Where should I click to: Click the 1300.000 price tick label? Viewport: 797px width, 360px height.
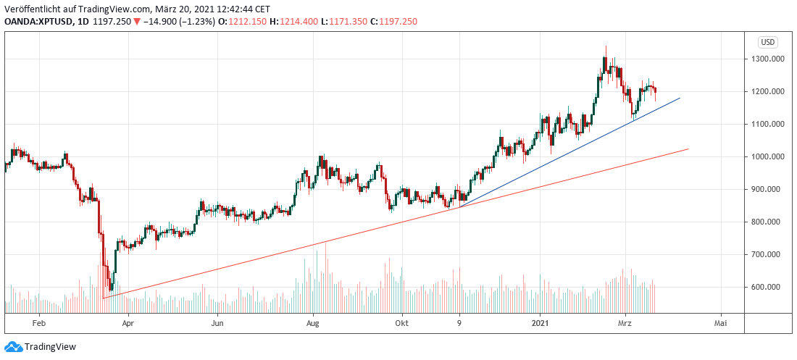pos(767,59)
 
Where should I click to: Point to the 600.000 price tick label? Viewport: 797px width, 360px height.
pos(767,288)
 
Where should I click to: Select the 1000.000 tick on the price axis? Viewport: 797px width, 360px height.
pos(767,157)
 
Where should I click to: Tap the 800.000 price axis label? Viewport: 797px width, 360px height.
pos(767,222)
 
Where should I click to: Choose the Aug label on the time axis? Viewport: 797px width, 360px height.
pos(313,324)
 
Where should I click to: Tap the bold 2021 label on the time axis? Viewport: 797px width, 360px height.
pos(541,324)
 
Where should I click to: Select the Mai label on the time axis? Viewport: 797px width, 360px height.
pos(720,324)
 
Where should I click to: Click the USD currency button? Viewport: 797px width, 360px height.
pos(767,42)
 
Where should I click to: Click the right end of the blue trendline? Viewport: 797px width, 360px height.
pos(680,97)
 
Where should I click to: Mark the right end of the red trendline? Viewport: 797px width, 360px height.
pos(688,149)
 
